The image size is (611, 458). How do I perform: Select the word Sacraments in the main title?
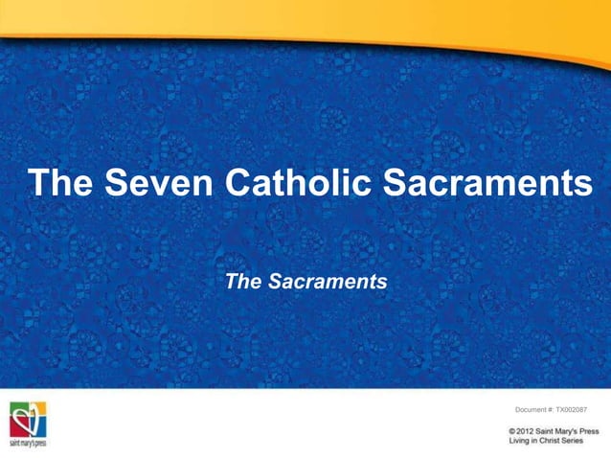[x=489, y=182]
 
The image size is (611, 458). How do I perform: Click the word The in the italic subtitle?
[x=241, y=282]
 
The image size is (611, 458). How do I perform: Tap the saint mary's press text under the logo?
[x=29, y=444]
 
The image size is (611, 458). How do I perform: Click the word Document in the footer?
[x=532, y=410]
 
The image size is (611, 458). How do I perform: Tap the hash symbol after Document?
[x=554, y=410]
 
